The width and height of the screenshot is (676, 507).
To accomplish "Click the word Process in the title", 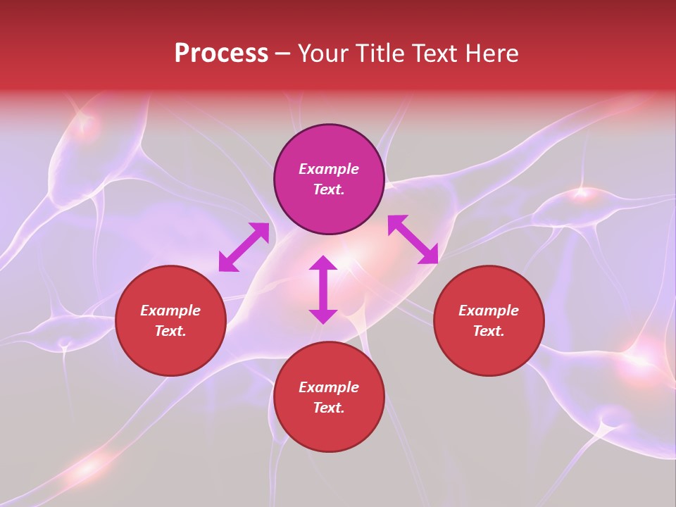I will (221, 54).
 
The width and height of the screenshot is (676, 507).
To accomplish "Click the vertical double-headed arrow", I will (323, 289).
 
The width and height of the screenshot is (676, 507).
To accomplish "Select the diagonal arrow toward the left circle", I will (244, 247).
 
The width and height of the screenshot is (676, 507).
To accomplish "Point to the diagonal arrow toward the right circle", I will (413, 239).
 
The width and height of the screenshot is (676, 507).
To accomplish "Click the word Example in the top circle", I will (329, 169).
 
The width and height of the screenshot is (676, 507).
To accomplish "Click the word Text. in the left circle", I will (170, 331).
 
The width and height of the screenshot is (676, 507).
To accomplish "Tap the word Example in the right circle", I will (489, 311).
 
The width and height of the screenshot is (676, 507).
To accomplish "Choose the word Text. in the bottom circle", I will (329, 408).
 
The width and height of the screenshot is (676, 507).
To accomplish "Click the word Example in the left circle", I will (170, 311).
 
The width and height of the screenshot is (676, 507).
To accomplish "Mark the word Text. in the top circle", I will (329, 189).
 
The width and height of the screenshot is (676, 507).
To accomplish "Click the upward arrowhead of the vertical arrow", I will (323, 263).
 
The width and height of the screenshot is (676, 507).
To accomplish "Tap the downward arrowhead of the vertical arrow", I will (323, 316).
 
